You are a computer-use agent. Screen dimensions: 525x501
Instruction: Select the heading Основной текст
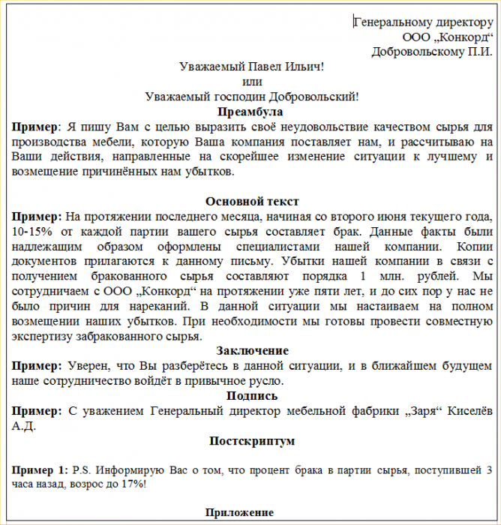[252, 201]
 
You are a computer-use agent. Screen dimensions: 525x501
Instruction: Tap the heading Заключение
[252, 351]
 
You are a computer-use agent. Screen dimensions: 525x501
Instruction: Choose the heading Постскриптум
[252, 441]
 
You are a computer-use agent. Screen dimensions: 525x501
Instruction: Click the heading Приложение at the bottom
[240, 512]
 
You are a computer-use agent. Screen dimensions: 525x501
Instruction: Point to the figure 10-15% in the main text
[31, 231]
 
